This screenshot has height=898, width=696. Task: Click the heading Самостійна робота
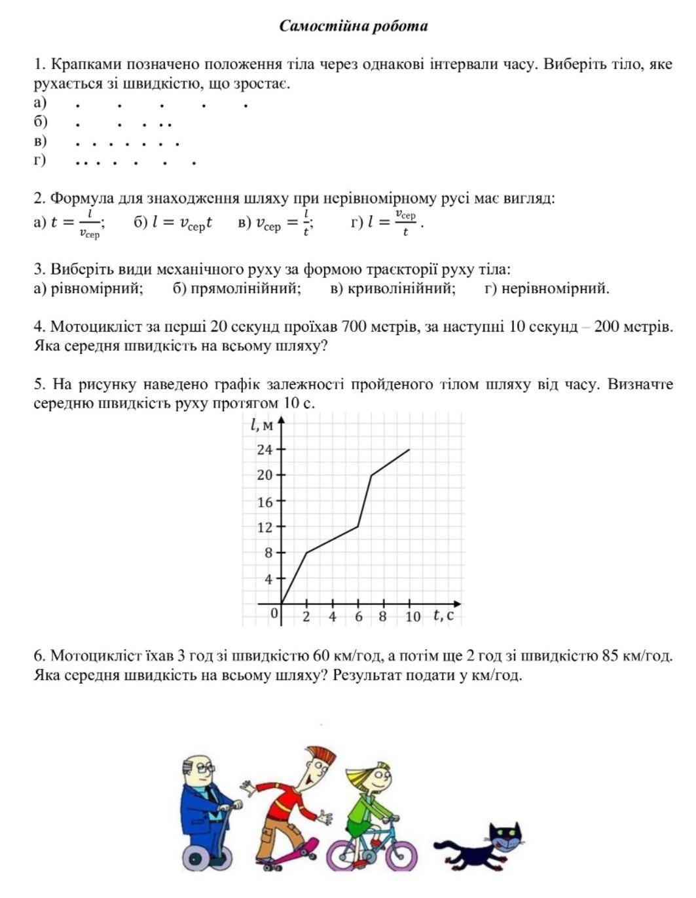[354, 26]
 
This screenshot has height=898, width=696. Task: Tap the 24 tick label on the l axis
[265, 450]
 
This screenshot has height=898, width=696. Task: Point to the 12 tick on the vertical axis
[265, 526]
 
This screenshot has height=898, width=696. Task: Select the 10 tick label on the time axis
[412, 617]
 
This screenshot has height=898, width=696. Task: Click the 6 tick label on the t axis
[359, 617]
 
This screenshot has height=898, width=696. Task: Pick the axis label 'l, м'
[261, 425]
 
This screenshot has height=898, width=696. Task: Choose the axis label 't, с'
[443, 615]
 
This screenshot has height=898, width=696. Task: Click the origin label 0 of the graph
[275, 614]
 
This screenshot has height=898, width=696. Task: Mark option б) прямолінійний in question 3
[237, 288]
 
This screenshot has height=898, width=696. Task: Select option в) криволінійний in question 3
[393, 288]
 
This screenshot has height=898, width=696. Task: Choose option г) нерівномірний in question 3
[547, 288]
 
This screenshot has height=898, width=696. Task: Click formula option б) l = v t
[174, 223]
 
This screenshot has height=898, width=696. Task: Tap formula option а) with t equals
[69, 224]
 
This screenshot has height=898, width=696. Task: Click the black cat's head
[506, 838]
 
